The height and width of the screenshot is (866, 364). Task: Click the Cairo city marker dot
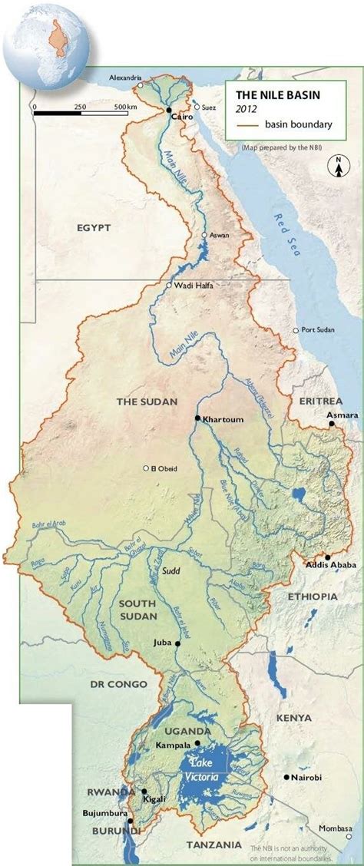(168, 111)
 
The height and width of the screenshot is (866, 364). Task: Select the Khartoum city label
(222, 419)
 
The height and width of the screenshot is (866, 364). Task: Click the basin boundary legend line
(246, 124)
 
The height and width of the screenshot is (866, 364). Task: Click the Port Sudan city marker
(296, 330)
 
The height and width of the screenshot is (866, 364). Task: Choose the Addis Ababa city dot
(328, 557)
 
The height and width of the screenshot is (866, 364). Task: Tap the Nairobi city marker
(286, 778)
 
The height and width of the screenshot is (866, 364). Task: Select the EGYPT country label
(94, 228)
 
